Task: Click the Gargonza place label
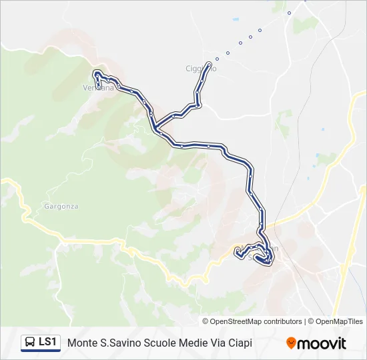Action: pos(61,207)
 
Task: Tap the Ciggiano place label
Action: pos(200,69)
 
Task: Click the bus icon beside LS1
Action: pos(30,343)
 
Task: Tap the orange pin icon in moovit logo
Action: pos(291,343)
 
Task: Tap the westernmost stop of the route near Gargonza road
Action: pos(236,251)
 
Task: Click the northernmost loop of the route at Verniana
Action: pos(97,73)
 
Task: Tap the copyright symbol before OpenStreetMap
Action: pos(206,321)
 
